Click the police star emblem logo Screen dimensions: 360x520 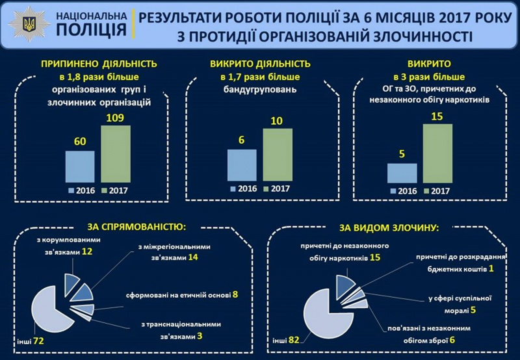(x=30, y=25)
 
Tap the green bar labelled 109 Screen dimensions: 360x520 (x=115, y=153)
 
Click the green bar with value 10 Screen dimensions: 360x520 (x=278, y=154)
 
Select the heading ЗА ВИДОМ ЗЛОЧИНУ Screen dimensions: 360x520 (x=388, y=228)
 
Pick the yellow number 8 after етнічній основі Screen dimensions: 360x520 (x=235, y=294)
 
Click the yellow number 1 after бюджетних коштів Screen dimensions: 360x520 (x=491, y=269)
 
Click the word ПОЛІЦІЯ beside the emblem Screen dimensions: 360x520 (x=91, y=30)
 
